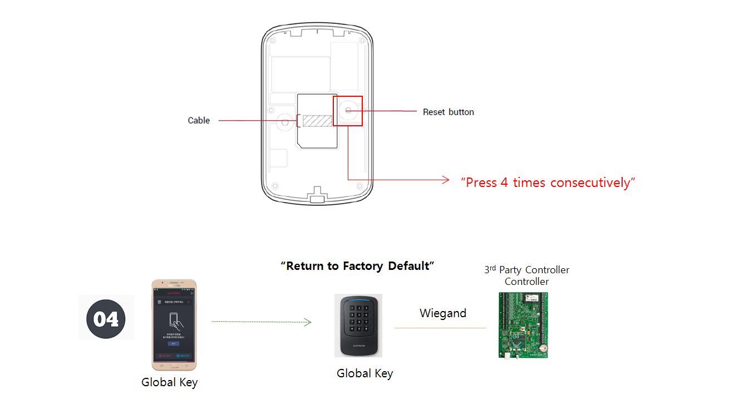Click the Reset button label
click(448, 112)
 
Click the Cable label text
click(199, 120)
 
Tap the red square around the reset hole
click(348, 111)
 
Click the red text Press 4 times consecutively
click(548, 183)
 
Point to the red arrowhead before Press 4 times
click(445, 179)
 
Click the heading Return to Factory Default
click(357, 266)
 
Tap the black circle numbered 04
click(106, 319)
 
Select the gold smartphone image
click(174, 324)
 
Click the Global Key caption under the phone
click(169, 382)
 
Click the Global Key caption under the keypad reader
click(364, 373)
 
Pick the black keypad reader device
click(358, 326)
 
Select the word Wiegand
click(442, 313)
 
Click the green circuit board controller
click(523, 325)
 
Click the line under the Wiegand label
click(440, 328)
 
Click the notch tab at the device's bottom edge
click(317, 196)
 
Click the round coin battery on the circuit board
click(540, 349)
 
